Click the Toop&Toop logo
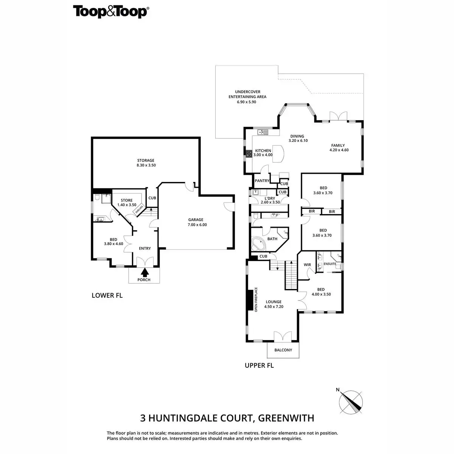pyautogui.click(x=111, y=12)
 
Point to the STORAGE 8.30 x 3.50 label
pyautogui.click(x=146, y=163)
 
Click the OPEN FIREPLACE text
pyautogui.click(x=256, y=300)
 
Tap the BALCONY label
pyautogui.click(x=283, y=350)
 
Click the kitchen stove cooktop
pyautogui.click(x=249, y=154)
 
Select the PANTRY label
pyautogui.click(x=262, y=181)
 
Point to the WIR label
pyautogui.click(x=307, y=265)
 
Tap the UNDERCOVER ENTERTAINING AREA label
pyautogui.click(x=247, y=96)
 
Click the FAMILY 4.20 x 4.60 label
pyautogui.click(x=339, y=148)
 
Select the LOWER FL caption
pyautogui.click(x=107, y=295)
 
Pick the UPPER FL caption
pyautogui.click(x=259, y=365)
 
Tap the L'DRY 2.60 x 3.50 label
pyautogui.click(x=270, y=200)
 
